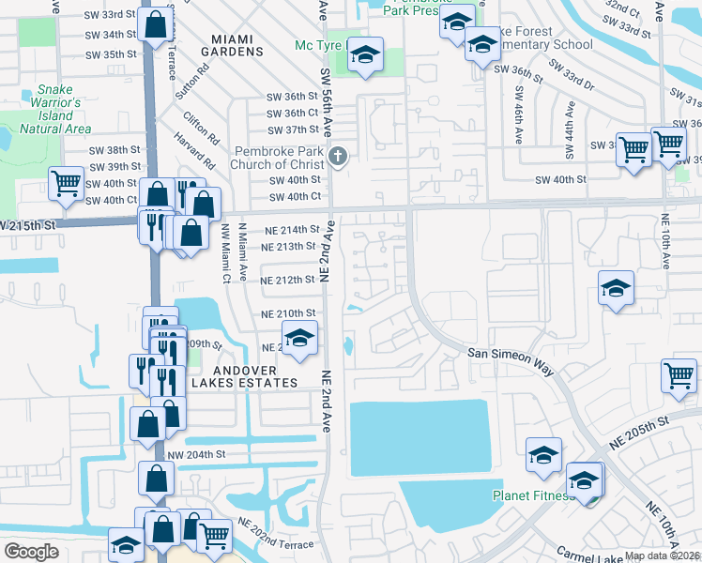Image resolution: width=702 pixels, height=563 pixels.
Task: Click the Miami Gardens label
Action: click(x=233, y=45)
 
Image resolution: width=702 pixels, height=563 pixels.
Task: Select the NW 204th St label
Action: click(x=197, y=454)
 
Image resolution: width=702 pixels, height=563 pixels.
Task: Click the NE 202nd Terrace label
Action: click(x=275, y=534)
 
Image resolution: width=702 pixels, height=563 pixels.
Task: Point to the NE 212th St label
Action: click(x=288, y=280)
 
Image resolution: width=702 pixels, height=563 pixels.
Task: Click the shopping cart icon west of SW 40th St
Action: click(x=66, y=183)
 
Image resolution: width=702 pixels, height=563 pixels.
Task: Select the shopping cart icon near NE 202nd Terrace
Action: click(x=214, y=536)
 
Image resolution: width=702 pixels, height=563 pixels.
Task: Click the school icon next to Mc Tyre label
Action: click(x=364, y=55)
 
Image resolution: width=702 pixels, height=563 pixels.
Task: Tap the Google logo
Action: click(x=32, y=552)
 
